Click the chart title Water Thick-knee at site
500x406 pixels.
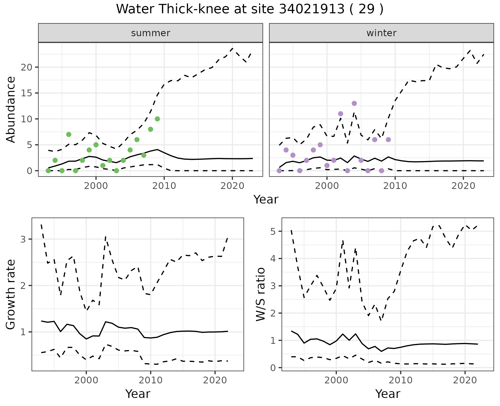pos(249,9)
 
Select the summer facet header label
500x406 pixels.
pos(151,33)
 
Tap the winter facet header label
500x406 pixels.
pos(381,33)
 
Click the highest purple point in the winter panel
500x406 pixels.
pos(354,103)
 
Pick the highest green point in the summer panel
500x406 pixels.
pos(157,119)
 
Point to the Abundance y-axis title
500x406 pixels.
pos(11,109)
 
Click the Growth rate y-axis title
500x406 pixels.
pos(11,294)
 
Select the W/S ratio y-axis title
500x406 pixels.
pos(261,294)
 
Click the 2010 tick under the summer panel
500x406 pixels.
pos(164,186)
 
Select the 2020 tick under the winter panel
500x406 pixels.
pos(463,186)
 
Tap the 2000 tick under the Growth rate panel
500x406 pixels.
pos(86,380)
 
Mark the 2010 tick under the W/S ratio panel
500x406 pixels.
pos(401,380)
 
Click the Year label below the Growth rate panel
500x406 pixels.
pos(138,394)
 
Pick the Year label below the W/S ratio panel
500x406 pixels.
pos(388,394)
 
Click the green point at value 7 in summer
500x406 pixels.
pos(69,134)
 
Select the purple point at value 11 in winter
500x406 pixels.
pos(341,114)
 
